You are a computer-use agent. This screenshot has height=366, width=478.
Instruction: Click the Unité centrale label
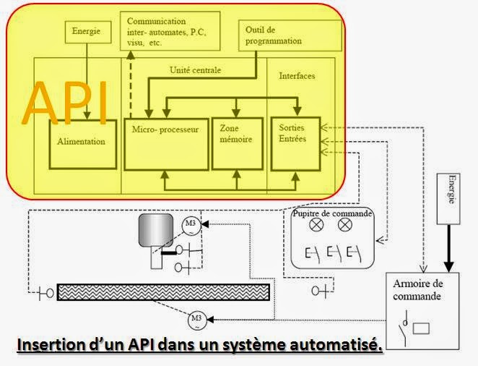click(195, 70)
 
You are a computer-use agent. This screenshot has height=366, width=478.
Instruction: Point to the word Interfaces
click(297, 75)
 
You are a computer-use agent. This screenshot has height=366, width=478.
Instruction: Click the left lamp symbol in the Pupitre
click(315, 225)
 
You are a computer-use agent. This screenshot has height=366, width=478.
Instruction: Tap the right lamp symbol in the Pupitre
click(345, 225)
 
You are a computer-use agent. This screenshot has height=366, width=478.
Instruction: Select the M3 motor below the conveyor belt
click(196, 318)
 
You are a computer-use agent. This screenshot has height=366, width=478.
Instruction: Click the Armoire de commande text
click(420, 290)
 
